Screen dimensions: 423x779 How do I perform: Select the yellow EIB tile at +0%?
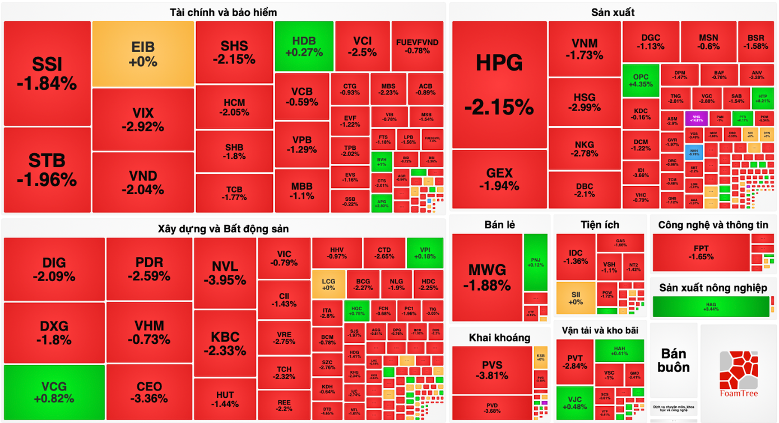coord(143,54)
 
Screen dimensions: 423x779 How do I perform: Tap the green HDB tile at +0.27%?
coord(304,47)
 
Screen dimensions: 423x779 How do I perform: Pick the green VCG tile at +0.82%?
coord(54,392)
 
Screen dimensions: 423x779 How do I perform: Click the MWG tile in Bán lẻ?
coord(486,277)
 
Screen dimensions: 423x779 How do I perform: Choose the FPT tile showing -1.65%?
coord(701,252)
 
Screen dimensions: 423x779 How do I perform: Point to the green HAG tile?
coord(711,306)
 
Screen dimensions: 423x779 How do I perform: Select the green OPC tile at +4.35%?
coord(641,80)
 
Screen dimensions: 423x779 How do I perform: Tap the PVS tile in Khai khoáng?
coord(491,370)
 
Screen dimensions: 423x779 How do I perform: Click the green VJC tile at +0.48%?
coord(574,402)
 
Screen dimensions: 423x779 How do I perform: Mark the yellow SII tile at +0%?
coord(576,298)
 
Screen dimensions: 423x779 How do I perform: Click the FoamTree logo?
coord(738,373)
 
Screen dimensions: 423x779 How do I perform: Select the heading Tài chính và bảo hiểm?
coord(223,12)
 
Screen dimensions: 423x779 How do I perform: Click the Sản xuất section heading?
coord(613,12)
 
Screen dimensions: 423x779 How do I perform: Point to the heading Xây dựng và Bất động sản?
coord(223,229)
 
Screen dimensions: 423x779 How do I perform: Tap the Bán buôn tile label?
coord(674,360)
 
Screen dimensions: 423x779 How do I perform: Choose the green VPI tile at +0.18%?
coord(424,252)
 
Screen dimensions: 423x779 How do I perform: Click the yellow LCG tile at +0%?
coord(328,284)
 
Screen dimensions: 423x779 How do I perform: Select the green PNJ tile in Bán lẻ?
coord(536,262)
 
